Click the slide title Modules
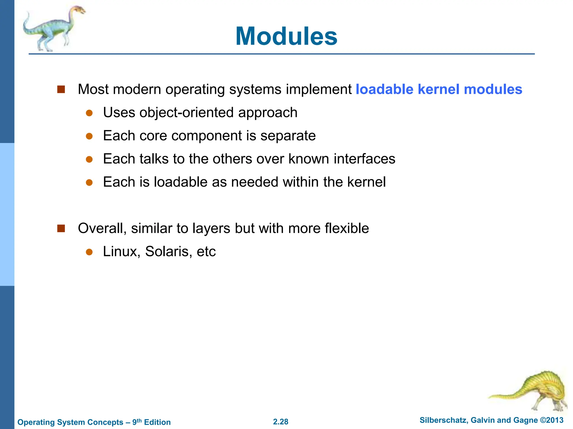pyautogui.click(x=286, y=36)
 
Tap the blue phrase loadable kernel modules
pyautogui.click(x=439, y=89)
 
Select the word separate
pyautogui.click(x=288, y=136)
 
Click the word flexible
pyautogui.click(x=347, y=228)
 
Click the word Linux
pyautogui.click(x=121, y=252)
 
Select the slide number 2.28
pyautogui.click(x=281, y=422)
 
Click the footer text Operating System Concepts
pyautogui.click(x=70, y=422)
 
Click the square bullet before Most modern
pyautogui.click(x=61, y=89)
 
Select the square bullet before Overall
pyautogui.click(x=61, y=228)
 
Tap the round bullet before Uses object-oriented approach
pyautogui.click(x=89, y=113)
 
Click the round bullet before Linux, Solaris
pyautogui.click(x=89, y=252)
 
